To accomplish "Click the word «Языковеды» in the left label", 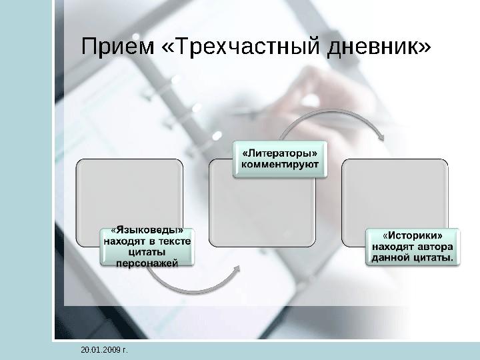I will pyautogui.click(x=147, y=231).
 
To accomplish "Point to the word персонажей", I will pyautogui.click(x=147, y=263).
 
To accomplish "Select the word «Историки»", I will pyautogui.click(x=412, y=235).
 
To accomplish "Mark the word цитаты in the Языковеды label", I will pyautogui.click(x=147, y=252).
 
